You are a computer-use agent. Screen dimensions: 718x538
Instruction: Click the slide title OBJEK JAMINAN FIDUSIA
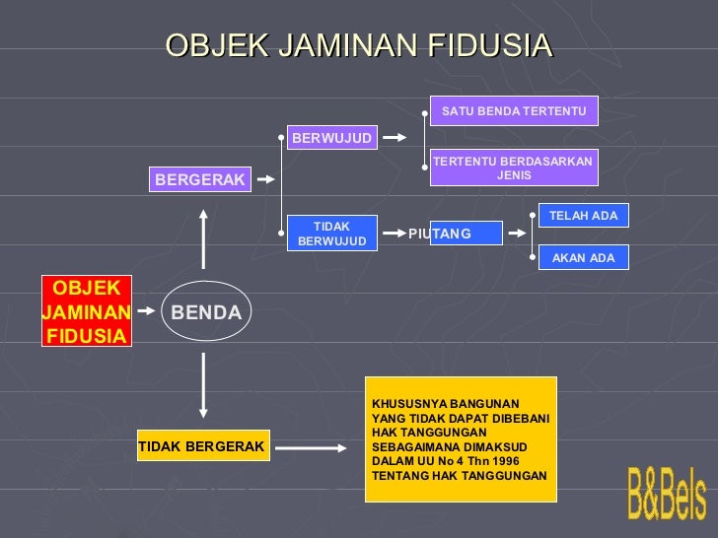[359, 45]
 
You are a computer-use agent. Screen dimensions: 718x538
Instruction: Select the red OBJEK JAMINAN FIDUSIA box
[88, 311]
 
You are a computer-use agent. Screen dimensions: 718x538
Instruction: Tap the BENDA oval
[206, 312]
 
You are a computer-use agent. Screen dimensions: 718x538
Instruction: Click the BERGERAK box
[200, 179]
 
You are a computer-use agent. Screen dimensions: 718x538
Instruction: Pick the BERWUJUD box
[331, 138]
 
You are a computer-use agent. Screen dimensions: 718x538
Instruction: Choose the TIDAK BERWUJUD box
[331, 234]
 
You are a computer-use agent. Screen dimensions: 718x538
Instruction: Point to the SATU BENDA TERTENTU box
[514, 111]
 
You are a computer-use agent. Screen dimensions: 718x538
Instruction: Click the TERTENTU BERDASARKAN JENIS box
[514, 168]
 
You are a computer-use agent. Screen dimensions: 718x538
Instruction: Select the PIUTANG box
[454, 234]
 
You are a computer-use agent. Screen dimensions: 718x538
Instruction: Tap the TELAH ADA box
[583, 216]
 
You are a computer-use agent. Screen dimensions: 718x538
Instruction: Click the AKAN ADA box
[583, 258]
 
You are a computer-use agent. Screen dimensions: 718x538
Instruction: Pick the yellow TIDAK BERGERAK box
[201, 446]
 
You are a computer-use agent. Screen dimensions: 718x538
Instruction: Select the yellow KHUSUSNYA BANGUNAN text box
[461, 439]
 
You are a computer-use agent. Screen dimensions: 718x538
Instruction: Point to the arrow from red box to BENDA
[146, 310]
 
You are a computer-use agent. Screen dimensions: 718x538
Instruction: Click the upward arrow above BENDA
[203, 236]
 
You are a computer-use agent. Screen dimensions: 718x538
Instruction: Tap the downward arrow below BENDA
[203, 385]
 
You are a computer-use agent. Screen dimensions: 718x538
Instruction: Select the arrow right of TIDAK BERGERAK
[312, 447]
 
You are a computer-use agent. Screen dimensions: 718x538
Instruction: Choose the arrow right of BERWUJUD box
[394, 138]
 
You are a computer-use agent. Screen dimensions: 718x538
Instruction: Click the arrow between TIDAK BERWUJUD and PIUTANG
[392, 235]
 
